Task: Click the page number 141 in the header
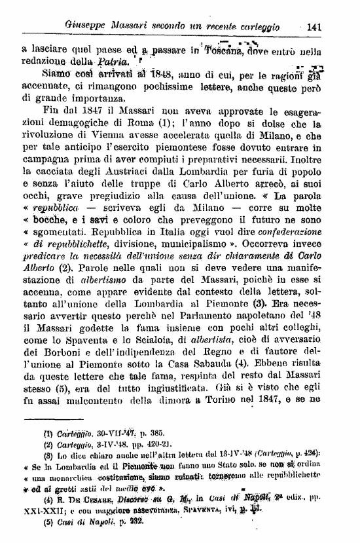[x=314, y=27]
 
